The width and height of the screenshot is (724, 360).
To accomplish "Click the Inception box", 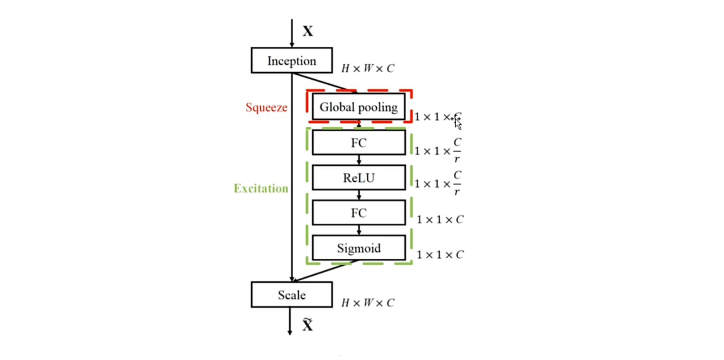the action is tap(292, 61).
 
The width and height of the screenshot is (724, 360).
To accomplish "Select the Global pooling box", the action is tap(359, 107).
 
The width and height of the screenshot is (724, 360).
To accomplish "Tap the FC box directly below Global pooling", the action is tap(359, 143).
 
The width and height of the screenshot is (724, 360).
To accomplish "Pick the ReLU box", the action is tap(359, 177).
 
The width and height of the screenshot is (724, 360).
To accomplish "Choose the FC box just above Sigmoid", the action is tap(359, 212).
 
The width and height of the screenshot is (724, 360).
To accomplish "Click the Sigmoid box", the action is tap(359, 248).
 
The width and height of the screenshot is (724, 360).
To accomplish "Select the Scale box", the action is tap(292, 295).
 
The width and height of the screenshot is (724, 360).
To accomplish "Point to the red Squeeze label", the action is tap(266, 107).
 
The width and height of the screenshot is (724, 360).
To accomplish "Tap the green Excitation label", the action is tap(261, 188).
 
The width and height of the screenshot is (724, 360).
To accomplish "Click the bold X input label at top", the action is tap(308, 32).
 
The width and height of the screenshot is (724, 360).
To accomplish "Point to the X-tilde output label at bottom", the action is tap(308, 325).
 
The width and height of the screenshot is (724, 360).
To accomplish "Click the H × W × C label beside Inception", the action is tap(368, 68).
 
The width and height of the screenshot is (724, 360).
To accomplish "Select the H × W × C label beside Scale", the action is tap(368, 303).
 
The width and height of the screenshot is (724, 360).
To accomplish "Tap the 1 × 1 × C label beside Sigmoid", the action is tap(440, 255).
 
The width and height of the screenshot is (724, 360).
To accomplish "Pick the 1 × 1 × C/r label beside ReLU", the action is tap(438, 183).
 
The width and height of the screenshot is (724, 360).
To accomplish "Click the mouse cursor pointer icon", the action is tap(457, 123).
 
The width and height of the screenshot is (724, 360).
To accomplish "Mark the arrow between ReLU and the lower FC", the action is tap(359, 195).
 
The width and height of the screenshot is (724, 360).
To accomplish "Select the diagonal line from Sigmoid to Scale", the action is tap(325, 271).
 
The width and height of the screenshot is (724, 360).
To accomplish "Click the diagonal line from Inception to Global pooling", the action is tap(324, 83).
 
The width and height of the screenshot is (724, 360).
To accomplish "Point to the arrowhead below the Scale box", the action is tap(290, 332).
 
